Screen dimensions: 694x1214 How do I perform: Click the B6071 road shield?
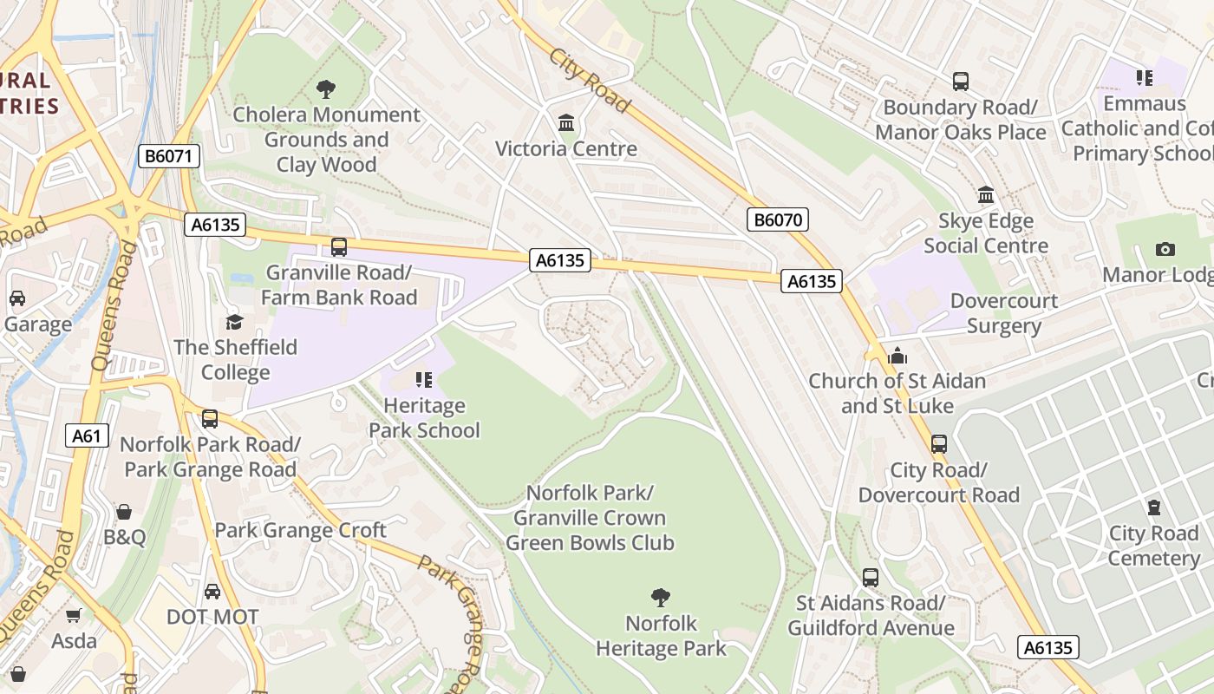169,156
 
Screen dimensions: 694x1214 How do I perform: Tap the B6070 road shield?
777,219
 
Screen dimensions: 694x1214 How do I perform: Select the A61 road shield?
87,435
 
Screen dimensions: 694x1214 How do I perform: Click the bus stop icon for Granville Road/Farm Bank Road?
339,246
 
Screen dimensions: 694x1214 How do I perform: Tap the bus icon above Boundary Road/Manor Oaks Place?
960,82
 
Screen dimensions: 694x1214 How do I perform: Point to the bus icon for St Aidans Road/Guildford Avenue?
871,577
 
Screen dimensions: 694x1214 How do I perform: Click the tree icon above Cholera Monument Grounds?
326,88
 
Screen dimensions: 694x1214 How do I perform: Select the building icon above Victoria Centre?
566,122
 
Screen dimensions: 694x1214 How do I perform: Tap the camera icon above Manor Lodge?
1165,249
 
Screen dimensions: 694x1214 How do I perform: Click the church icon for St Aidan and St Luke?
897,356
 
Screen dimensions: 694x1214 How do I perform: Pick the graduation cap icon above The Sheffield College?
234,322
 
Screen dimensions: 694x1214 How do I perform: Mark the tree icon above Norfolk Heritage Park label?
661,597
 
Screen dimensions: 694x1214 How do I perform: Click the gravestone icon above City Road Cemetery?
1153,507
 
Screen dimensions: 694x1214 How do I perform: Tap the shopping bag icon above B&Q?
124,512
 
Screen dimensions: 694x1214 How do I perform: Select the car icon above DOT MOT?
212,592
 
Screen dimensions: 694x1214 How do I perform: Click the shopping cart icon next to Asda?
74,615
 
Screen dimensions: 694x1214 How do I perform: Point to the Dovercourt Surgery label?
1003,313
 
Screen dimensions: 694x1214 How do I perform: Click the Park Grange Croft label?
300,530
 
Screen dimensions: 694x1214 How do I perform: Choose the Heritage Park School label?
424,418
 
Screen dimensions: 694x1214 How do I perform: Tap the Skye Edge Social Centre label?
986,233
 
